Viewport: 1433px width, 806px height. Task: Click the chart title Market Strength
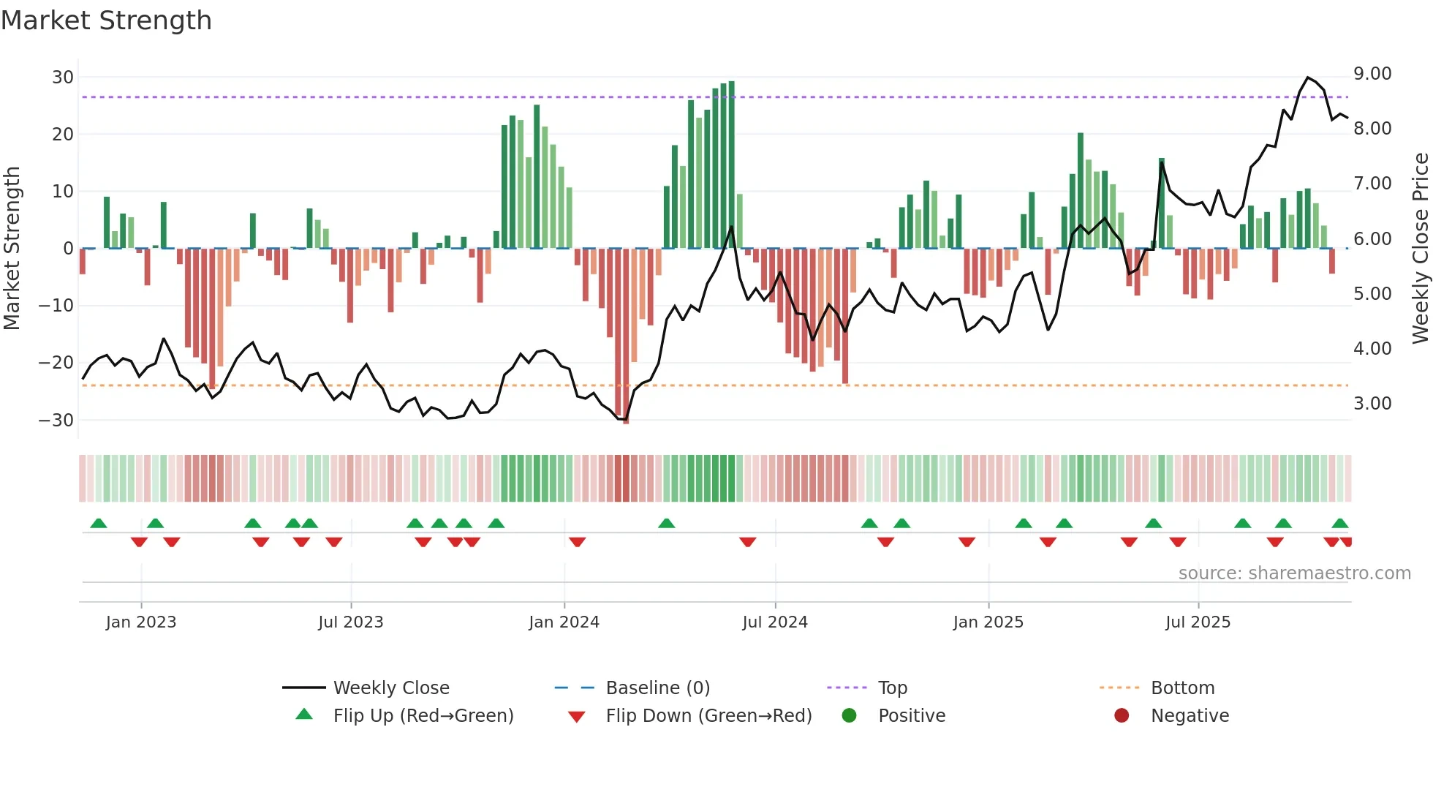click(106, 20)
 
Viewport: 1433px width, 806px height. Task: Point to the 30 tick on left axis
click(63, 78)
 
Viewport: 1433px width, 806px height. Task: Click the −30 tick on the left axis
click(56, 420)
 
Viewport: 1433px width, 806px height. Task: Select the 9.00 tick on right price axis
click(1372, 74)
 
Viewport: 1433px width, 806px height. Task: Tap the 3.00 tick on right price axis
click(1372, 404)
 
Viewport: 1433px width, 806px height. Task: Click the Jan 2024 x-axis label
click(564, 622)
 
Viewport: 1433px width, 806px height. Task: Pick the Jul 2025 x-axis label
click(1198, 622)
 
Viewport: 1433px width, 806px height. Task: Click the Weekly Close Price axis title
click(1420, 248)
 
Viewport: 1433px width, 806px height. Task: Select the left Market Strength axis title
click(12, 248)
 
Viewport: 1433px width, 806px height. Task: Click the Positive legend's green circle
click(849, 715)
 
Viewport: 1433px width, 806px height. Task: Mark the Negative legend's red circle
click(1122, 715)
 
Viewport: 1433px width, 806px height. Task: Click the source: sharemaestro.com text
click(1294, 573)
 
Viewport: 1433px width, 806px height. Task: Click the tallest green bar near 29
click(731, 165)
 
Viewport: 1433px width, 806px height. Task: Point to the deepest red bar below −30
click(626, 336)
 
